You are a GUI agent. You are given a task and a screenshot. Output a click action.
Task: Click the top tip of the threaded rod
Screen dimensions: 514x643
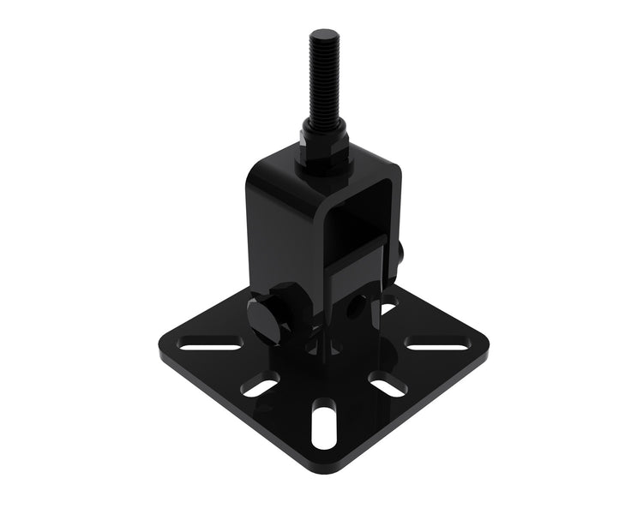click(x=320, y=33)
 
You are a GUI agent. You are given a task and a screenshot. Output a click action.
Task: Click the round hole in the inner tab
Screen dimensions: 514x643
click(x=354, y=303)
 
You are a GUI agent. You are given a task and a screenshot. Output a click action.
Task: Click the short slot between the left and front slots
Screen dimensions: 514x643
click(x=260, y=386)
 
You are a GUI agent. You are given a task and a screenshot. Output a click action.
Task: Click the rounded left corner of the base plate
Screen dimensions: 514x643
click(x=163, y=351)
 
